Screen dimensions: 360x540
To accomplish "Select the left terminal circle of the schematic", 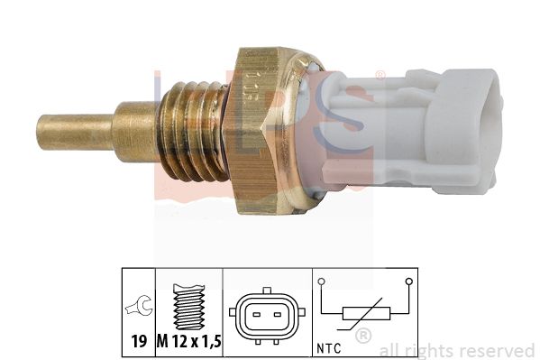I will [322, 282].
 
